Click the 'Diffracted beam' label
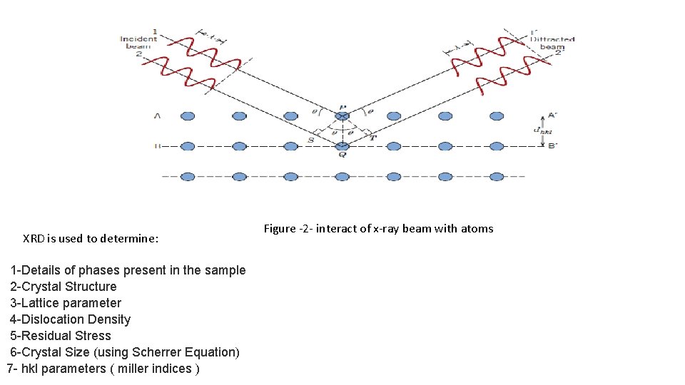click(x=552, y=43)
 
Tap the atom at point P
click(x=342, y=115)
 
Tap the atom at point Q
click(x=342, y=146)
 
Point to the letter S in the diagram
click(x=310, y=140)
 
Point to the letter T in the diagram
click(x=372, y=138)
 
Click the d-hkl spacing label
click(x=542, y=130)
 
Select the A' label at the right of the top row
click(x=552, y=115)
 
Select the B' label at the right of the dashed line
click(x=552, y=146)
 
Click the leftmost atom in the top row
click(x=188, y=115)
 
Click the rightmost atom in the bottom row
click(x=497, y=176)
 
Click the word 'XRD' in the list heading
click(x=34, y=239)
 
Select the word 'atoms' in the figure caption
click(x=477, y=229)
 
